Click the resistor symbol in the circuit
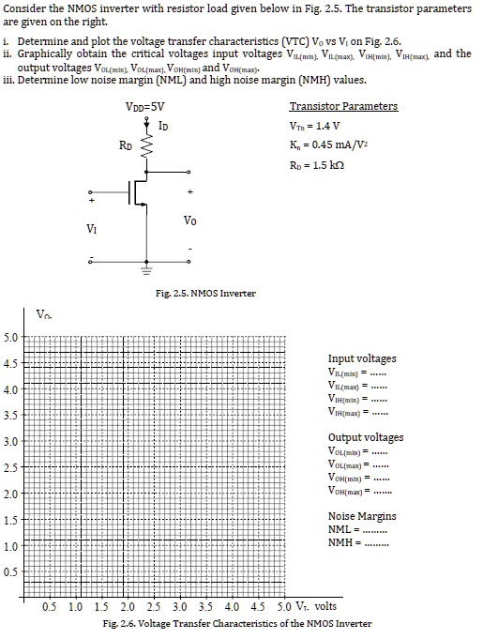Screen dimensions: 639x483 pyautogui.click(x=145, y=145)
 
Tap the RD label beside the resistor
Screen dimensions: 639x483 pyautogui.click(x=126, y=145)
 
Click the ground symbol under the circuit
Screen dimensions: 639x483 pyautogui.click(x=146, y=269)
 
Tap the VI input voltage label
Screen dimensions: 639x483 pyautogui.click(x=91, y=228)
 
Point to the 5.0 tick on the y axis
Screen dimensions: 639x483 pyautogui.click(x=11, y=338)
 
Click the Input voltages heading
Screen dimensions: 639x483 pyautogui.click(x=362, y=358)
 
